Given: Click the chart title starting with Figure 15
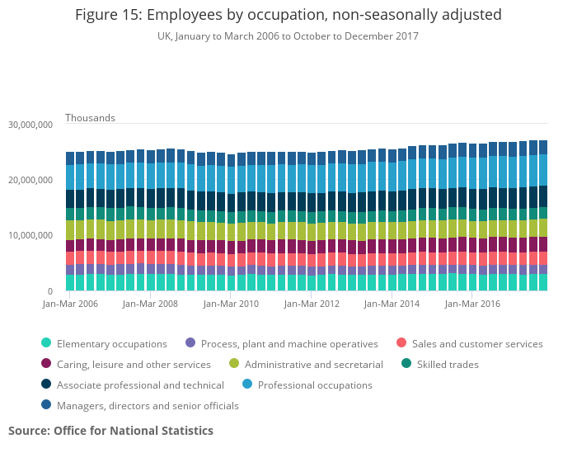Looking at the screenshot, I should coord(288,15).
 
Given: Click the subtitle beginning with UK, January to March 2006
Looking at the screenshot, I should coord(288,36).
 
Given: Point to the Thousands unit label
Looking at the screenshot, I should coord(90,118).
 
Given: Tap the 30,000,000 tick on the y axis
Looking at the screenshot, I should coord(30,125).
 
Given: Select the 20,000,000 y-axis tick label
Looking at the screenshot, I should coord(30,180).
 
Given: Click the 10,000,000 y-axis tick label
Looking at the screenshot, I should coord(30,236).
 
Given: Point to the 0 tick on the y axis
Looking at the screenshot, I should coord(49,291).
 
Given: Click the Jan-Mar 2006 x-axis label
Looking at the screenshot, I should coord(71,304).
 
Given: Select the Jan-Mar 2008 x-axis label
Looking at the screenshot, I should coord(151,304).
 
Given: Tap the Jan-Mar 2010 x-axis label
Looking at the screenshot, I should coord(232,304).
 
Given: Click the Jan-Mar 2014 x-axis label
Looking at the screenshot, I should coord(392,304).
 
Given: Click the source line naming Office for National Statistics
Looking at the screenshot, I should coord(110,431).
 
